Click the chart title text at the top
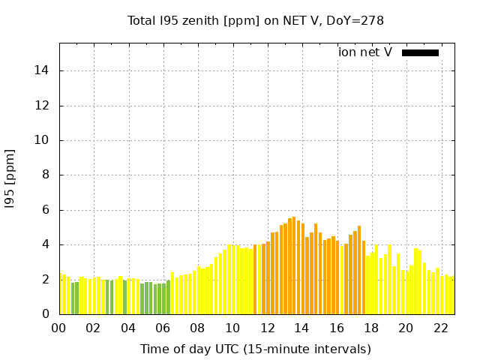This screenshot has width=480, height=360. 256,20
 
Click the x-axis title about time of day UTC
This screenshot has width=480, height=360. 256,349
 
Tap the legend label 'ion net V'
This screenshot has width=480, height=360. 365,52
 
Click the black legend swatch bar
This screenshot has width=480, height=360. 420,52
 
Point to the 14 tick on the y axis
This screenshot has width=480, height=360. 45,70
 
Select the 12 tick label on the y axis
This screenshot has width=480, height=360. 45,106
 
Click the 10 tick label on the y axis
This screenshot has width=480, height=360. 45,140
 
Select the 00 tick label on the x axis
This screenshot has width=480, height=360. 59,328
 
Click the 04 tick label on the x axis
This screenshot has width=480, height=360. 128,328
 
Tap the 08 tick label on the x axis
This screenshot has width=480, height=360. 198,328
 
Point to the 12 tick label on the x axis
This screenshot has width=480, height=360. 268,328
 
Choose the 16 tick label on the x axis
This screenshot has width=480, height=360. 337,328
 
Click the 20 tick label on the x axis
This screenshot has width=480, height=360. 406,328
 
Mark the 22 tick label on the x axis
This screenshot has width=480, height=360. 441,328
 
